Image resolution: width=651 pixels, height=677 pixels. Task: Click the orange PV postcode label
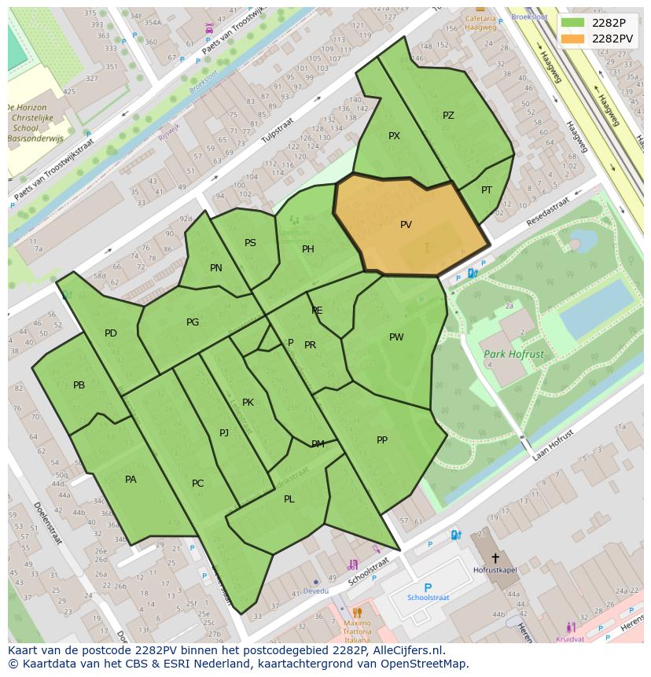[x=406, y=225]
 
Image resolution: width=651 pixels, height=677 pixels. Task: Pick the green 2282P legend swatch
[x=573, y=23]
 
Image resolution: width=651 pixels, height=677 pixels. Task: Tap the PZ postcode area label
[x=448, y=116]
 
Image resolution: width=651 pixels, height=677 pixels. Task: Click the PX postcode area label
[x=394, y=136]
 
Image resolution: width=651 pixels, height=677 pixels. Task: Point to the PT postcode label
[x=487, y=190]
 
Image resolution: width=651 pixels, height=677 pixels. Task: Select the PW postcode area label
[x=396, y=337]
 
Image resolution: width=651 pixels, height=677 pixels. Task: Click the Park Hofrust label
[x=513, y=355]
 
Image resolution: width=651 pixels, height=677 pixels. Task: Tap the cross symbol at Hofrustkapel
[x=495, y=557]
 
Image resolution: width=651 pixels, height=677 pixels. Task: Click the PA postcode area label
[x=131, y=480]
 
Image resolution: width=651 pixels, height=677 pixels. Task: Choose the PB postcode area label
[x=79, y=385]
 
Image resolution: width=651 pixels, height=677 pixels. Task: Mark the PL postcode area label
[x=289, y=499]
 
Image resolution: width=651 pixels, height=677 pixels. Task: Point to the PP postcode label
[x=382, y=440]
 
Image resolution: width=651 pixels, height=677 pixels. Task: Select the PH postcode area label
[x=308, y=249]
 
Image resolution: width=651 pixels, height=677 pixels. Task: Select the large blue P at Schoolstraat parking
[x=428, y=587]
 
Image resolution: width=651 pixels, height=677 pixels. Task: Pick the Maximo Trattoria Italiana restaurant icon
[x=357, y=613]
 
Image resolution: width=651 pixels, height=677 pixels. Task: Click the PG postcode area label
[x=193, y=322]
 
